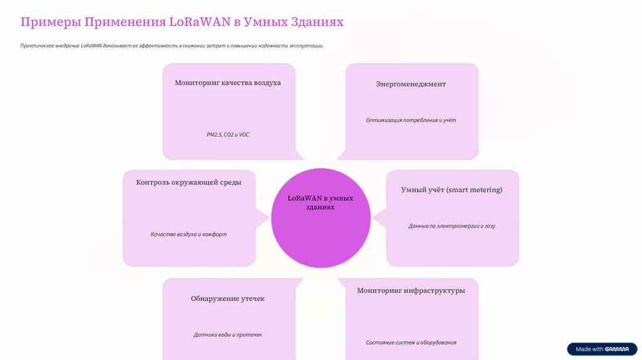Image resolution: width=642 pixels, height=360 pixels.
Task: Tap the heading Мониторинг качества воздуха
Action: (228, 83)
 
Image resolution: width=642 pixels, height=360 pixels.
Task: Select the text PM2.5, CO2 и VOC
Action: (228, 135)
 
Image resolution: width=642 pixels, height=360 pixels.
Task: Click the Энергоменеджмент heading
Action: (411, 84)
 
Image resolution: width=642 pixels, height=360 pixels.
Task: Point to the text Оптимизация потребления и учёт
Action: (411, 120)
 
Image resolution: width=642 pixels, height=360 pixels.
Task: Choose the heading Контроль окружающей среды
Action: (189, 183)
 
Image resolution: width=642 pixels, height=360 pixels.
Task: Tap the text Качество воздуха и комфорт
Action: (189, 235)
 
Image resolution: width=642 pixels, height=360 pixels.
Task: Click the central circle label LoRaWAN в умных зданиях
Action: (320, 203)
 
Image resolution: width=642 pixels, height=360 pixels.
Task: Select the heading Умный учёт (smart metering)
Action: (451, 189)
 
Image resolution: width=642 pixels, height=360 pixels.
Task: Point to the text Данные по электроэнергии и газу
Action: (451, 226)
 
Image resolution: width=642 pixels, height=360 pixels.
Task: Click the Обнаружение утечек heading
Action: (228, 299)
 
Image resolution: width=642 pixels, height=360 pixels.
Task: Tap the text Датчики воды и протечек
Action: (228, 335)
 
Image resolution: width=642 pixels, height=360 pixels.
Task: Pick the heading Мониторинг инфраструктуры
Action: (411, 290)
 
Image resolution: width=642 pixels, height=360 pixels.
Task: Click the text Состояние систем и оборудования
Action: (411, 342)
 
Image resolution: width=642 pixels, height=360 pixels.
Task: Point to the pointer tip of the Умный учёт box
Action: (374, 218)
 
